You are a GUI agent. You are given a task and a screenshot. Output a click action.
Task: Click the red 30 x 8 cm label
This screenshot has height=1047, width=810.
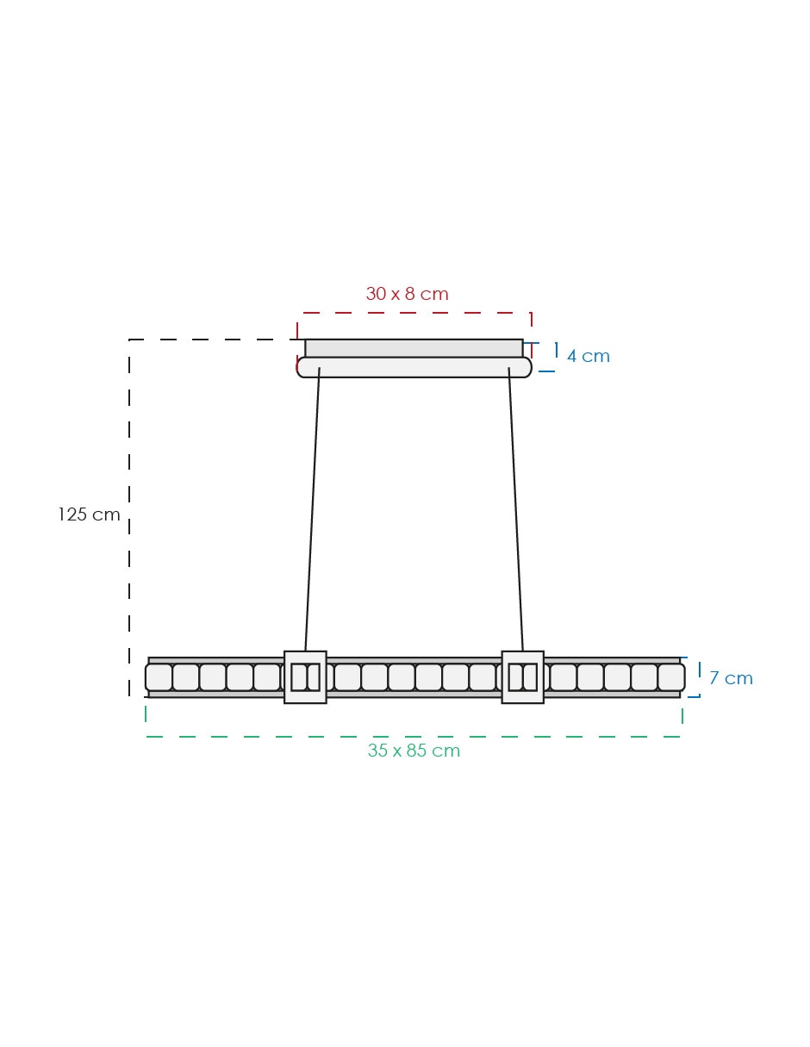407,294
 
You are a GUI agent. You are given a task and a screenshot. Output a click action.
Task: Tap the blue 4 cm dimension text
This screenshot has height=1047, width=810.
588,356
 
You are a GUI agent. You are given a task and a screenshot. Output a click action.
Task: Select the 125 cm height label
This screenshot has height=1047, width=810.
89,514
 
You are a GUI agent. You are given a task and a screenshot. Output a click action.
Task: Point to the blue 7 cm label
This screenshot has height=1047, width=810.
731,678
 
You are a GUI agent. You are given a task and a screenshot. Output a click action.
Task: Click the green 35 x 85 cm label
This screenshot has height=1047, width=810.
414,751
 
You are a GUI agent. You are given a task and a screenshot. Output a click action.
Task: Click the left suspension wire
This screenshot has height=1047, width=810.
313,509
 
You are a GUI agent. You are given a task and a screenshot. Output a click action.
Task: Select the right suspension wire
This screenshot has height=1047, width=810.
516,509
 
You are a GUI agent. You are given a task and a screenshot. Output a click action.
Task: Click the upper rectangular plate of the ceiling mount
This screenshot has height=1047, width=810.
414,348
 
